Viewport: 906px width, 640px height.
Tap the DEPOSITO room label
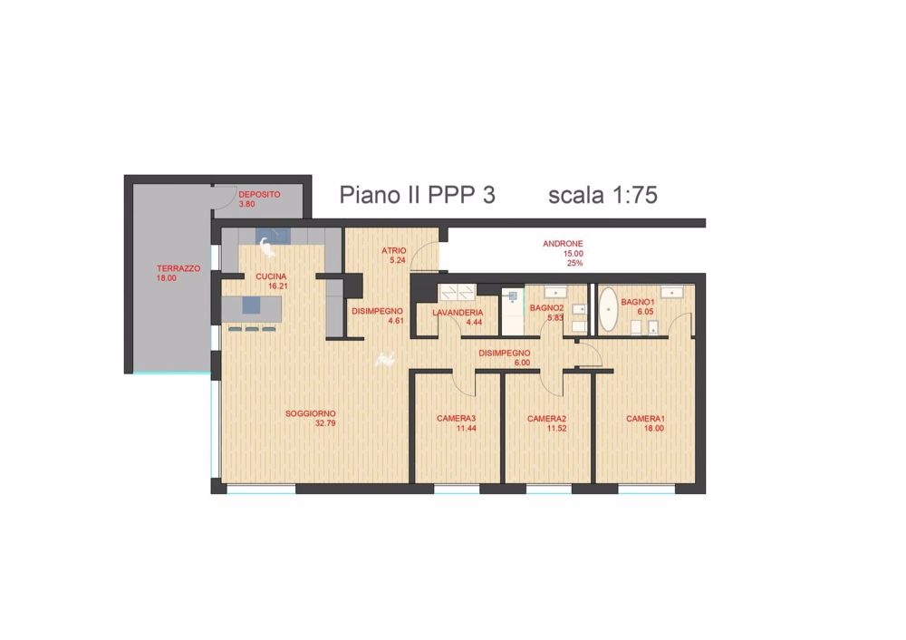[259, 194]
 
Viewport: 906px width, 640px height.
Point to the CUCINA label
[272, 276]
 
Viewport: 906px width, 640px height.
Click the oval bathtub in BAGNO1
[609, 310]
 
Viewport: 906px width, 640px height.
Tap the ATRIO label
[393, 250]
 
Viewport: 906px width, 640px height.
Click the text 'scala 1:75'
[602, 195]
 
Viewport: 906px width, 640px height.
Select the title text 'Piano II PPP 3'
[417, 195]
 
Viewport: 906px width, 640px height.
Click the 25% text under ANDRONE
[574, 263]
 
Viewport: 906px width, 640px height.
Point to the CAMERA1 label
[646, 418]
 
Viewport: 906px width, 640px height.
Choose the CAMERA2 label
[546, 419]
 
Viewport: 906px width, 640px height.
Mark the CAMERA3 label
[456, 418]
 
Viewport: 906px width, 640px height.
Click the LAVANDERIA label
[458, 312]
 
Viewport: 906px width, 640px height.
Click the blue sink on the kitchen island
[250, 306]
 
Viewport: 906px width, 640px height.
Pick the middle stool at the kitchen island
[251, 328]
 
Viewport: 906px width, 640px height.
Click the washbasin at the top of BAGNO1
[671, 292]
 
